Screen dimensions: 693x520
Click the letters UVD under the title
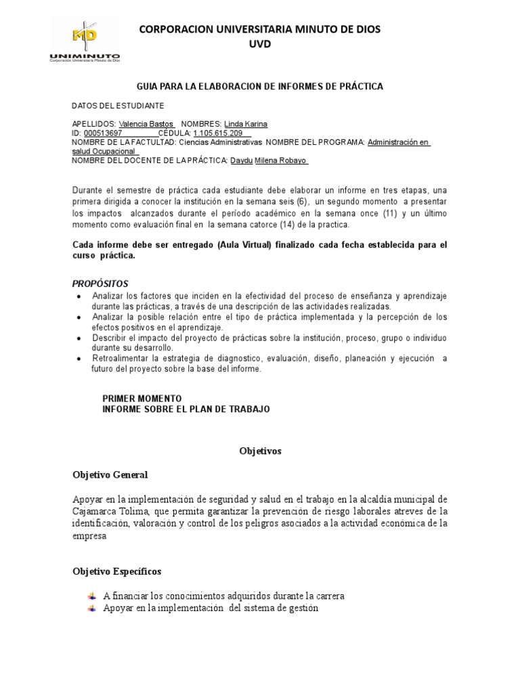coord(259,43)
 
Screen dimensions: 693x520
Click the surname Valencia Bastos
coord(146,125)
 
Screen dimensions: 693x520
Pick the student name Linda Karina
coord(245,125)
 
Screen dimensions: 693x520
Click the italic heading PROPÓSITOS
coord(100,284)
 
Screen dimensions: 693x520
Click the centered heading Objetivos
coord(260,450)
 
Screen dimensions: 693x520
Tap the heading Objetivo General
coord(110,474)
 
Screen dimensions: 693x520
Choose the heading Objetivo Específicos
coord(117,572)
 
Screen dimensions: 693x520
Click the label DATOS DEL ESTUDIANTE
coord(118,106)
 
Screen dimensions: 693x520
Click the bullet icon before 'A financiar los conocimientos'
coord(92,596)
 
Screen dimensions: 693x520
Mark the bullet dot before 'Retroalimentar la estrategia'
coord(81,359)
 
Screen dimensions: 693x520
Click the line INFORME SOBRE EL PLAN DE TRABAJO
coord(186,409)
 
